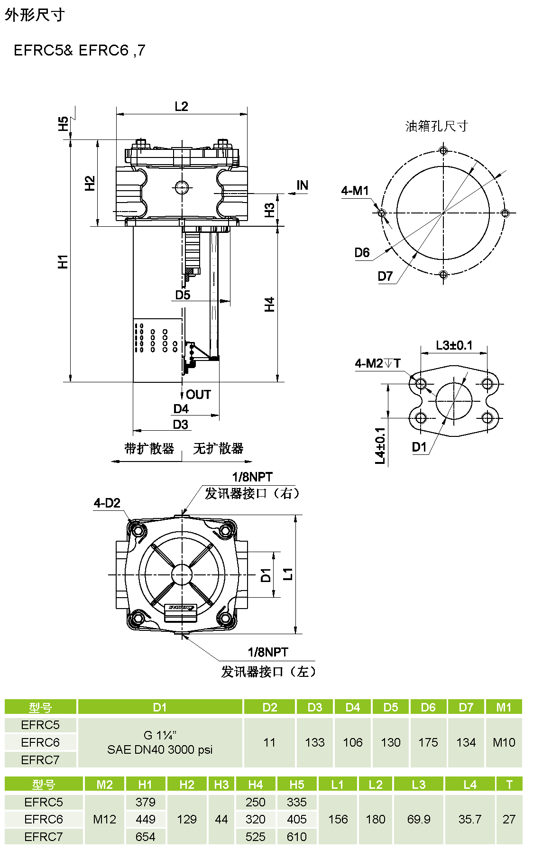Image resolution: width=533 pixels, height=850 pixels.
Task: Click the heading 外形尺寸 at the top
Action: click(x=35, y=15)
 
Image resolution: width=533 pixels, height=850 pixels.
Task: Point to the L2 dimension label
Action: click(x=181, y=106)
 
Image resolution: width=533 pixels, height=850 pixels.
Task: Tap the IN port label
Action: click(x=303, y=185)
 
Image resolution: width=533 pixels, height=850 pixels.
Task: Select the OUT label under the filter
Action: click(x=198, y=395)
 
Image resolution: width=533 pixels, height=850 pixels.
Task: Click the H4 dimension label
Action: click(x=269, y=305)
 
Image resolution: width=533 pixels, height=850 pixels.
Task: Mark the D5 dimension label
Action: click(x=183, y=295)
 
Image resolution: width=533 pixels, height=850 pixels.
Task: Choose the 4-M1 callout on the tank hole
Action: click(x=355, y=191)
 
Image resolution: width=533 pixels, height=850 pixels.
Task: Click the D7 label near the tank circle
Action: click(x=386, y=277)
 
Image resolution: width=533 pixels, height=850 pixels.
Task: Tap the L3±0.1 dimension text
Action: click(x=454, y=345)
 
